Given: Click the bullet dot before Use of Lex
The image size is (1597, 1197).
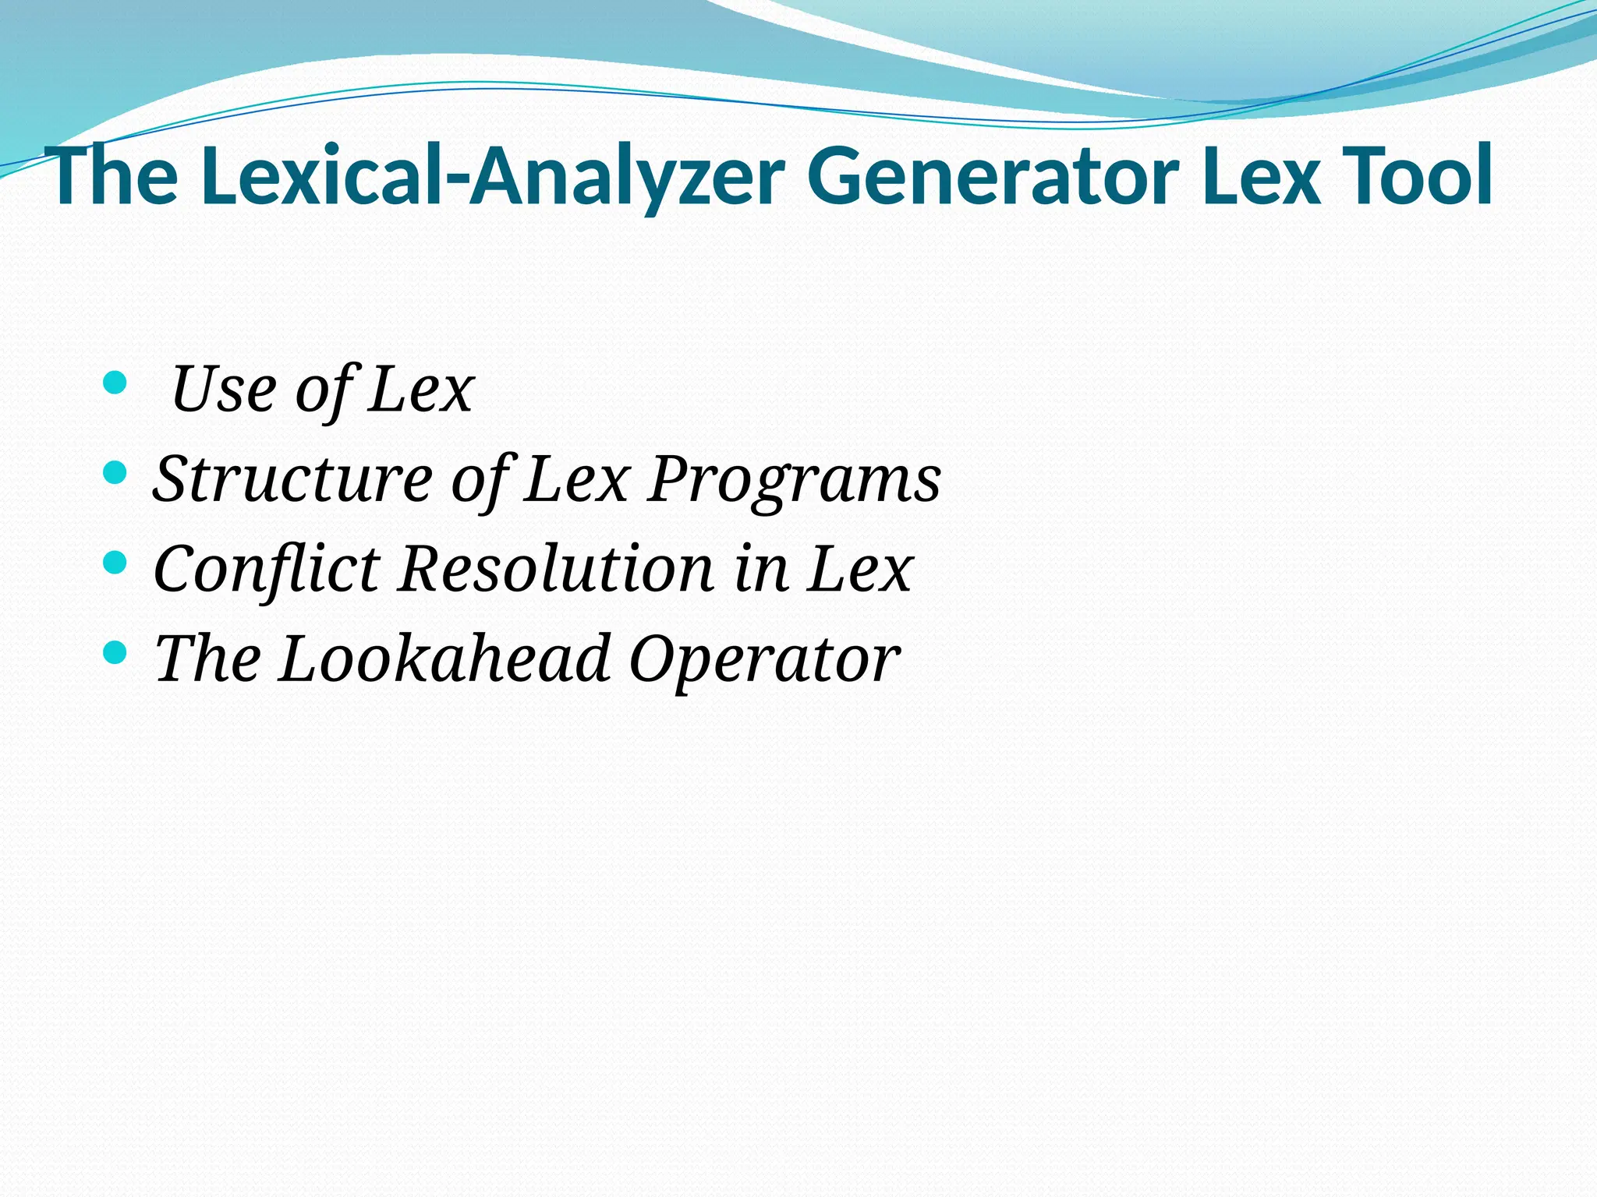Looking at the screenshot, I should click(114, 383).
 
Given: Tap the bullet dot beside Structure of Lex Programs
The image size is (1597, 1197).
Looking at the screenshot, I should click(114, 472).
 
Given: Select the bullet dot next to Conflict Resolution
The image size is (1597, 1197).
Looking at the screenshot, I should click(114, 562).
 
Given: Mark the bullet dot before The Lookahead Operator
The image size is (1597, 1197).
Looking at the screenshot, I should click(114, 652).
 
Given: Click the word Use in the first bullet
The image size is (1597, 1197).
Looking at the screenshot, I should click(223, 389).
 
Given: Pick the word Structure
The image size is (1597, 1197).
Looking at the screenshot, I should click(292, 478).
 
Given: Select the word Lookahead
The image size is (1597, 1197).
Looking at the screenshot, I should click(444, 659).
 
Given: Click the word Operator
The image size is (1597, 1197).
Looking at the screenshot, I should click(764, 659).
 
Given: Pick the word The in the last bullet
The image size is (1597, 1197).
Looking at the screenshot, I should click(207, 659).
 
